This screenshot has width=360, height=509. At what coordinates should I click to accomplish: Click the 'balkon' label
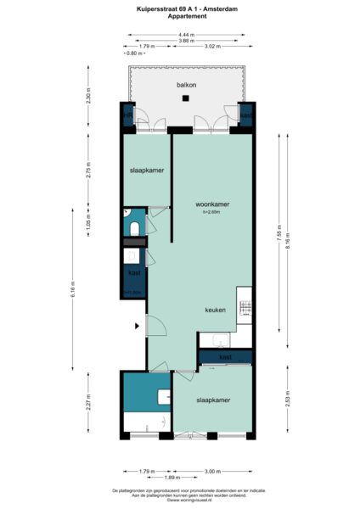pyautogui.click(x=186, y=86)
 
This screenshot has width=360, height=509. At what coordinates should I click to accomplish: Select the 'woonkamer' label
pyautogui.click(x=211, y=204)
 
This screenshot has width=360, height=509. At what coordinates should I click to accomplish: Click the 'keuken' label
pyautogui.click(x=215, y=310)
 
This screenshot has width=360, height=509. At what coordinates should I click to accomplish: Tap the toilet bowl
pyautogui.click(x=135, y=228)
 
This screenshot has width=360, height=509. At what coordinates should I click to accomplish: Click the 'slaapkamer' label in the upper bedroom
pyautogui.click(x=146, y=171)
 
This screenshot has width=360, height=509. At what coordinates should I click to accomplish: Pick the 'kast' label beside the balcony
pyautogui.click(x=245, y=115)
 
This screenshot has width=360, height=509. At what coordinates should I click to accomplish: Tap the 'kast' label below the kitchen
pyautogui.click(x=225, y=358)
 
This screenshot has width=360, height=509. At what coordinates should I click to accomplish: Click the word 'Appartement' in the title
pyautogui.click(x=179, y=15)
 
